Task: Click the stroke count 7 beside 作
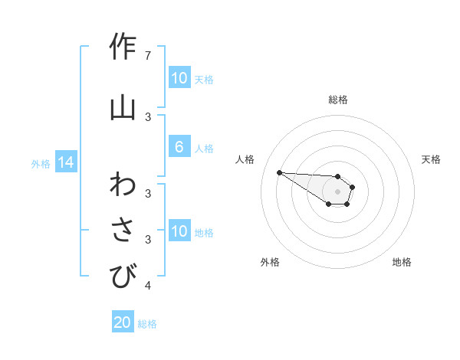[x=148, y=56]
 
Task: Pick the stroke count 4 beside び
[x=148, y=286]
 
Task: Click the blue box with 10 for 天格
[x=179, y=78]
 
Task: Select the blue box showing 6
[x=179, y=147]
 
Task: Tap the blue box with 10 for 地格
[x=179, y=231]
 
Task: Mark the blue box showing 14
[x=66, y=162]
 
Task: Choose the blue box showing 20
[x=123, y=322]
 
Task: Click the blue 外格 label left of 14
[x=41, y=163]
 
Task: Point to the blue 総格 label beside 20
[x=147, y=324]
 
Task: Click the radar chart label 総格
[x=337, y=100]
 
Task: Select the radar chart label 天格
[x=431, y=159]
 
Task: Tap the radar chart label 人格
[x=245, y=159]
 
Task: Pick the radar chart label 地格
[x=402, y=262]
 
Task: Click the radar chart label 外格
[x=270, y=262]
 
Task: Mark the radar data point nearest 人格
[x=279, y=172]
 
